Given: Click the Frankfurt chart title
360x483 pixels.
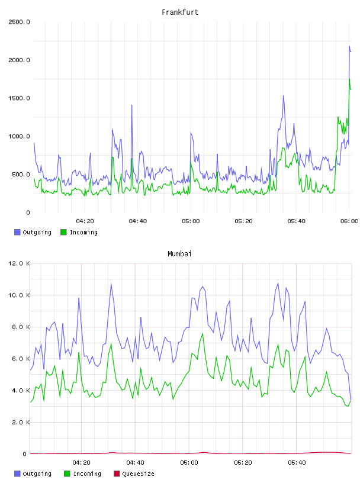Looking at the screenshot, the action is point(180,12).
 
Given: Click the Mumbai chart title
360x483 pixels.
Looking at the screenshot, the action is point(179,254).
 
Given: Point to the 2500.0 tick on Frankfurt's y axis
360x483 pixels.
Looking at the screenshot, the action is point(19,22).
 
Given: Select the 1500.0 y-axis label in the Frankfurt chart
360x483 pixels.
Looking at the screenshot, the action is point(19,98).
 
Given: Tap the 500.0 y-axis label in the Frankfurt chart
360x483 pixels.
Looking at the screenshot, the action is point(21,175).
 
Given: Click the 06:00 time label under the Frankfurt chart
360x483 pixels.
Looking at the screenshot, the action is point(349,221).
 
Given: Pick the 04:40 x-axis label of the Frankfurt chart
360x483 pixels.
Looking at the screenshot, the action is point(138,221).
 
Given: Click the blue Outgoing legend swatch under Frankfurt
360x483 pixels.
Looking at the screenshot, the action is point(17,232).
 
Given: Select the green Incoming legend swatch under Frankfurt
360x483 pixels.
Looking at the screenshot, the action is point(63,232).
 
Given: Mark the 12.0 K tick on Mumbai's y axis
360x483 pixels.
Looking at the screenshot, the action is point(19,263).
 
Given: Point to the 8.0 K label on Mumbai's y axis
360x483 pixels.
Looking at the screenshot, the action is point(21,327).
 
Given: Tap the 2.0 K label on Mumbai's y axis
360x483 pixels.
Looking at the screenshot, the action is point(21,422).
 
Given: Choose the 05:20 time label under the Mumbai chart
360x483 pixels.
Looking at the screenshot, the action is point(243,463).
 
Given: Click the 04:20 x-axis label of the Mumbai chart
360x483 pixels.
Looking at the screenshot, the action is point(81,463).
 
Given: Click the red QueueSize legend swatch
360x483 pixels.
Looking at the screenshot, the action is point(117,474).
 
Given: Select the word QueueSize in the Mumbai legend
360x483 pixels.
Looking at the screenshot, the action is point(139,474).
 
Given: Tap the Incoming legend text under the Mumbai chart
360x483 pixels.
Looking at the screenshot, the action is point(87,474).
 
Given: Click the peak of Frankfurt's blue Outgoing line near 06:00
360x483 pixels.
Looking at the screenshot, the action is point(349,46).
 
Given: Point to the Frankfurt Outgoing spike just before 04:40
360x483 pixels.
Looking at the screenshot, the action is point(132,105).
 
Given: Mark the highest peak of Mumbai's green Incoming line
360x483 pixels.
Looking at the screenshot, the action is point(202,334).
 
